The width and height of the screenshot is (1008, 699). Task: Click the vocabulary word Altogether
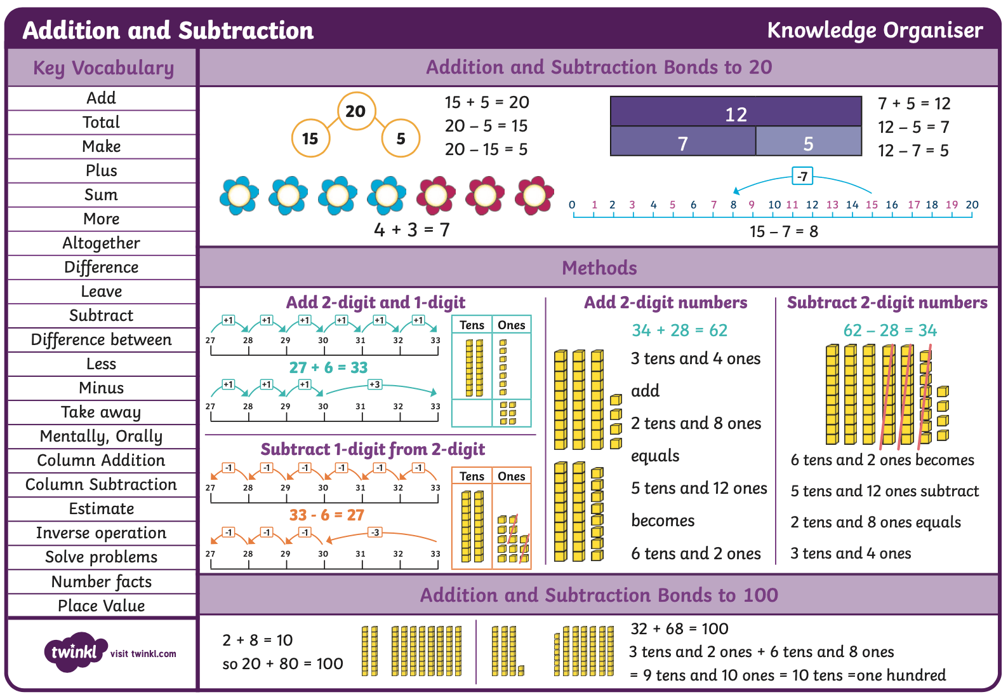[102, 243]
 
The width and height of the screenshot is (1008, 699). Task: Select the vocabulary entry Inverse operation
[102, 533]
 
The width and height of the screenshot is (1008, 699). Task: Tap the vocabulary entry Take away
[102, 412]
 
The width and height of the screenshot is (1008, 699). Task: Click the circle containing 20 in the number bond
[356, 111]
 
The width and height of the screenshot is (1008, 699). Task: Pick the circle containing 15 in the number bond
[310, 138]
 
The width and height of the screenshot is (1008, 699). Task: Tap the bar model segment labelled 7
[682, 141]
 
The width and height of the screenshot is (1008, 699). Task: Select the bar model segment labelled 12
[736, 111]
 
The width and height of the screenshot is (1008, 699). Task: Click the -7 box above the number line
[802, 176]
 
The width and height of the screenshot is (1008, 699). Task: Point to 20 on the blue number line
[972, 205]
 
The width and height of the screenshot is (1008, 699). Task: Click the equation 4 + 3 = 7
[412, 229]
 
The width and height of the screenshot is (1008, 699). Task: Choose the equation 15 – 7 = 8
[783, 231]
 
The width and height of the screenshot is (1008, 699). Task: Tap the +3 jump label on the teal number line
[375, 384]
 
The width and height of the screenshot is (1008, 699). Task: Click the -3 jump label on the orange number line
[375, 533]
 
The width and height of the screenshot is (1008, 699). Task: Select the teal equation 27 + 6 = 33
[328, 367]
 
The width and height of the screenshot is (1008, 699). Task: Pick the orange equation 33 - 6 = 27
[327, 515]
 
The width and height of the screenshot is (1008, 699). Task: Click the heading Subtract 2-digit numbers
[887, 302]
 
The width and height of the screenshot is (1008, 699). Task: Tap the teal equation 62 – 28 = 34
[890, 330]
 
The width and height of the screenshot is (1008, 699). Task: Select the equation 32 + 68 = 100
[679, 628]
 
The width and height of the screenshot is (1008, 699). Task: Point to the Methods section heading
[599, 268]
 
